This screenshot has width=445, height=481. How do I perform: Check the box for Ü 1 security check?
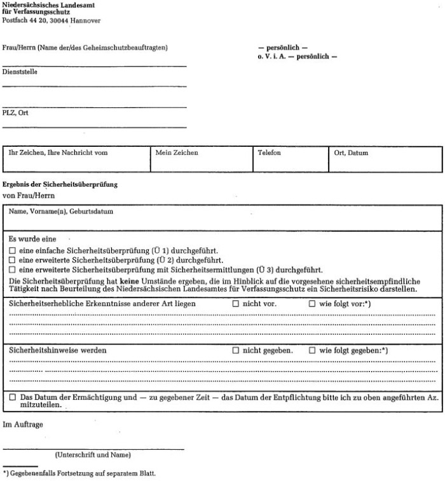12,251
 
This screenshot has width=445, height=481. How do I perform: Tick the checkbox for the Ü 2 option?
12,259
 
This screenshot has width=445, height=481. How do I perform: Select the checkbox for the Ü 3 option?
12,268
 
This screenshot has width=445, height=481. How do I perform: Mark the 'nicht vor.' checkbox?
235,304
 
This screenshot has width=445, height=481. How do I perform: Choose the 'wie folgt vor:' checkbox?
312,304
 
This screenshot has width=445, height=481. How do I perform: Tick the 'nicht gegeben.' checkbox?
235,350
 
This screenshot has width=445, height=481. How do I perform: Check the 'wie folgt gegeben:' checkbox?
312,350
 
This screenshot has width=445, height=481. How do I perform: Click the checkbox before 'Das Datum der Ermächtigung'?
12,396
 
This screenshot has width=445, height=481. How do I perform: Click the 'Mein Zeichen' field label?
177,153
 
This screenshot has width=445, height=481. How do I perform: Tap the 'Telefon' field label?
270,153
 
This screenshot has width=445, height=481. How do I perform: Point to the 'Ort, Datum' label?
351,153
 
